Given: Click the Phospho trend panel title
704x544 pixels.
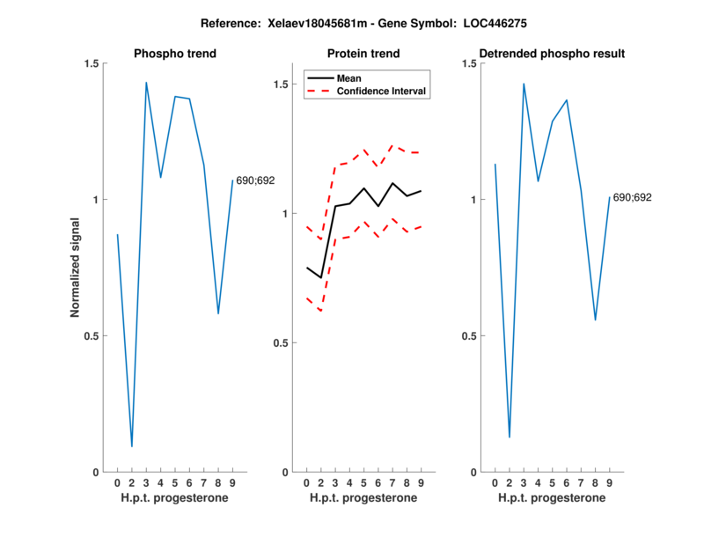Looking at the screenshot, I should tap(175, 54).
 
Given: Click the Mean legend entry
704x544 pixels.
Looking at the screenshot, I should tap(349, 77).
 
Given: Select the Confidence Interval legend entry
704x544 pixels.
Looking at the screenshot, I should tap(381, 90).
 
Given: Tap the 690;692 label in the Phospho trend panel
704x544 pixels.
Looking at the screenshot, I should tap(255, 180).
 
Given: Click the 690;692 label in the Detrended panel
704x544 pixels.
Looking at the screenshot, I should tap(632, 197).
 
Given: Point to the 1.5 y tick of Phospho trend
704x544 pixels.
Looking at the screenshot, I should tap(91, 63).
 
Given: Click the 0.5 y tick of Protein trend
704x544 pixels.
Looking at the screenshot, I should tap(280, 342).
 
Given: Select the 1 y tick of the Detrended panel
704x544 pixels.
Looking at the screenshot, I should tap(471, 200).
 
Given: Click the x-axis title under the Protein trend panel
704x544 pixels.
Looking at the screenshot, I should tap(363, 497).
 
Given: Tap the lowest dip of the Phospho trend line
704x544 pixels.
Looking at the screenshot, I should tap(132, 446).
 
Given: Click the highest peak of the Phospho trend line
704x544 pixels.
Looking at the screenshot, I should tap(146, 83).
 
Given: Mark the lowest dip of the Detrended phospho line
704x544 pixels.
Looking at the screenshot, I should tap(510, 437).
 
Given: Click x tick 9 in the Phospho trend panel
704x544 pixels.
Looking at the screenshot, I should tap(232, 482).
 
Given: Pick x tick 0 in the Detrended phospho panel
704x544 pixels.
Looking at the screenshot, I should tap(495, 482).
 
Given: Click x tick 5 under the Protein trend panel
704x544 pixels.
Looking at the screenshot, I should tap(363, 482).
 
